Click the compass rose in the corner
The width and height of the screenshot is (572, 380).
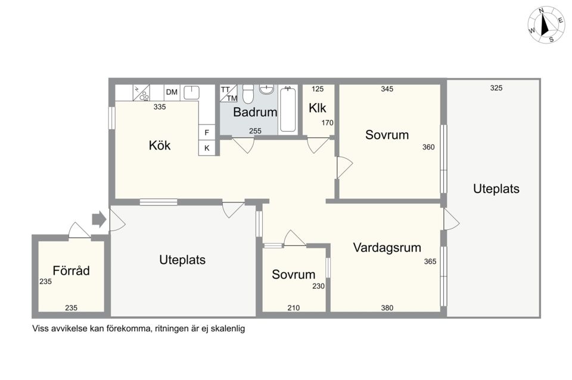point(546,25)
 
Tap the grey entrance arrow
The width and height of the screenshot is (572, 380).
point(98,219)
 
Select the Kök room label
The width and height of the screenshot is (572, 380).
point(160,145)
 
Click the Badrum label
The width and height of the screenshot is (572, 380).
point(255,112)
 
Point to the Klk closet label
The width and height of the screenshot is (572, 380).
point(318,108)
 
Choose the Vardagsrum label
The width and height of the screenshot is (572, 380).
point(387,247)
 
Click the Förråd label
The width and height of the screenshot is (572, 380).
point(71,271)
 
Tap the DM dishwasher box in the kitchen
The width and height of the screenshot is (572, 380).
point(172,92)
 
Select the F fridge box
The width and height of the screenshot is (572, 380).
point(207,132)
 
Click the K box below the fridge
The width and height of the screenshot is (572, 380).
point(207,148)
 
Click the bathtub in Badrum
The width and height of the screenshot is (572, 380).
point(288,108)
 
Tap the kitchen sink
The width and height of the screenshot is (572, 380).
point(191,92)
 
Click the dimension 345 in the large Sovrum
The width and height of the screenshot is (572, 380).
point(387,89)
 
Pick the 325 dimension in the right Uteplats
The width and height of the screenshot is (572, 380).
point(496,88)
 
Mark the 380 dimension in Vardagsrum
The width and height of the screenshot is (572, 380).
point(387,308)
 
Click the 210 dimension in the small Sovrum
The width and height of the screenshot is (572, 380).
point(294,308)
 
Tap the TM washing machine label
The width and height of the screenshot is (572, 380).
point(231,98)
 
